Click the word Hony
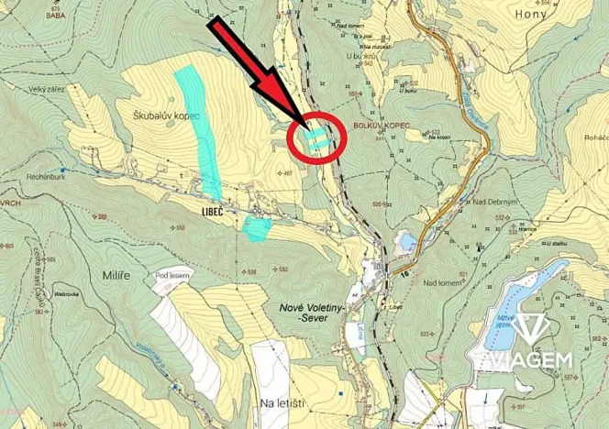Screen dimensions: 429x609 coord(532,15)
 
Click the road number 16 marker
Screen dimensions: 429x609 coord(406,273)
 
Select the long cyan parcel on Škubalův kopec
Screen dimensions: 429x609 coord(198,128)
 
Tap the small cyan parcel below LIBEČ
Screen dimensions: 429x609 coord(257,228)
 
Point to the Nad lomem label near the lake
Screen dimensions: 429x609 coord(441,283)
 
